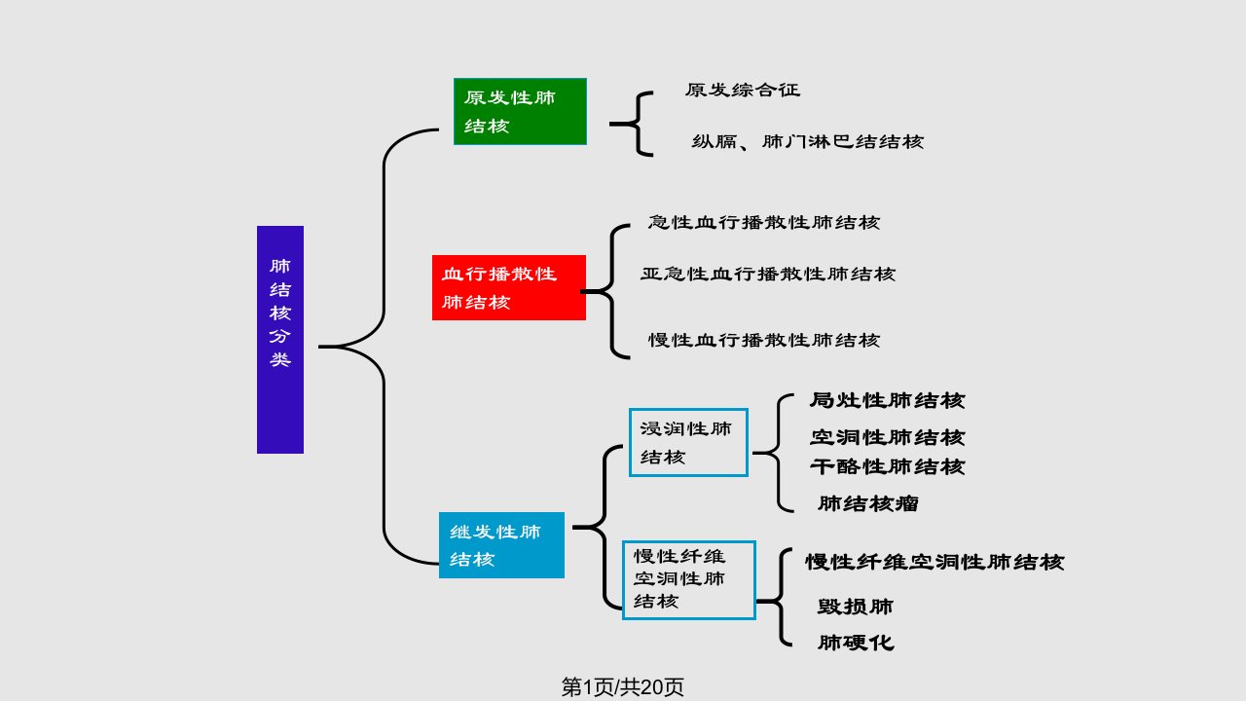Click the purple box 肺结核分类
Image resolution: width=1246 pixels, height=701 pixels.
click(280, 340)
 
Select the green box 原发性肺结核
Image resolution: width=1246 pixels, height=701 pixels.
click(520, 111)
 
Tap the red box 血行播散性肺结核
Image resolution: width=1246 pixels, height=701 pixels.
click(509, 287)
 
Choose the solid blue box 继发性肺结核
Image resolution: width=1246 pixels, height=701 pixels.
click(501, 545)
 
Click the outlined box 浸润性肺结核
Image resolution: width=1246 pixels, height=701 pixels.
click(688, 442)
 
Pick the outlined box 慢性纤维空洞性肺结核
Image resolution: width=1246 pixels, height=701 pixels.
click(688, 579)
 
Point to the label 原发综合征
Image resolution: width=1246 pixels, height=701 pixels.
click(743, 91)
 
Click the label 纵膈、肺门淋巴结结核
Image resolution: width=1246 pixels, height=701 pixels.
click(808, 142)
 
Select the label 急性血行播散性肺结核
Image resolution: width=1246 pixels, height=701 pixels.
click(764, 223)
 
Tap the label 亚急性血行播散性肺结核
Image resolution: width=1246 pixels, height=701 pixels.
click(768, 274)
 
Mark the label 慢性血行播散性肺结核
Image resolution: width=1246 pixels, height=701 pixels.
click(764, 340)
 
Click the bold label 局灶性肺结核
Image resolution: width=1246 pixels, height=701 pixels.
click(887, 400)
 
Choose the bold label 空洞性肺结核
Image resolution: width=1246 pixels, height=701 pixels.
click(887, 437)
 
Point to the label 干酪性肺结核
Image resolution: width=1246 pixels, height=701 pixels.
click(887, 466)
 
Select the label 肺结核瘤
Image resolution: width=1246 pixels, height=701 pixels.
click(868, 503)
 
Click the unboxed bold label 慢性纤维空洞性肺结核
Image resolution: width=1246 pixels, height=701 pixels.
click(935, 562)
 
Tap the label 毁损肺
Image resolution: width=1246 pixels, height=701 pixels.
click(856, 607)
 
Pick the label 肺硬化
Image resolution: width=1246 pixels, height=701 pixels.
click(856, 644)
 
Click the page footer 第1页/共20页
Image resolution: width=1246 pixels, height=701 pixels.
click(622, 687)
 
